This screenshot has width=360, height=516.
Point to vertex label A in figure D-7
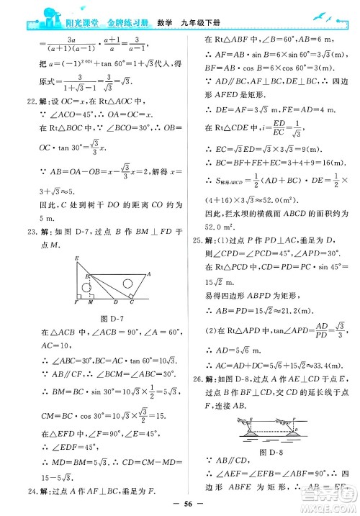pyautogui.click(x=148, y=273)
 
